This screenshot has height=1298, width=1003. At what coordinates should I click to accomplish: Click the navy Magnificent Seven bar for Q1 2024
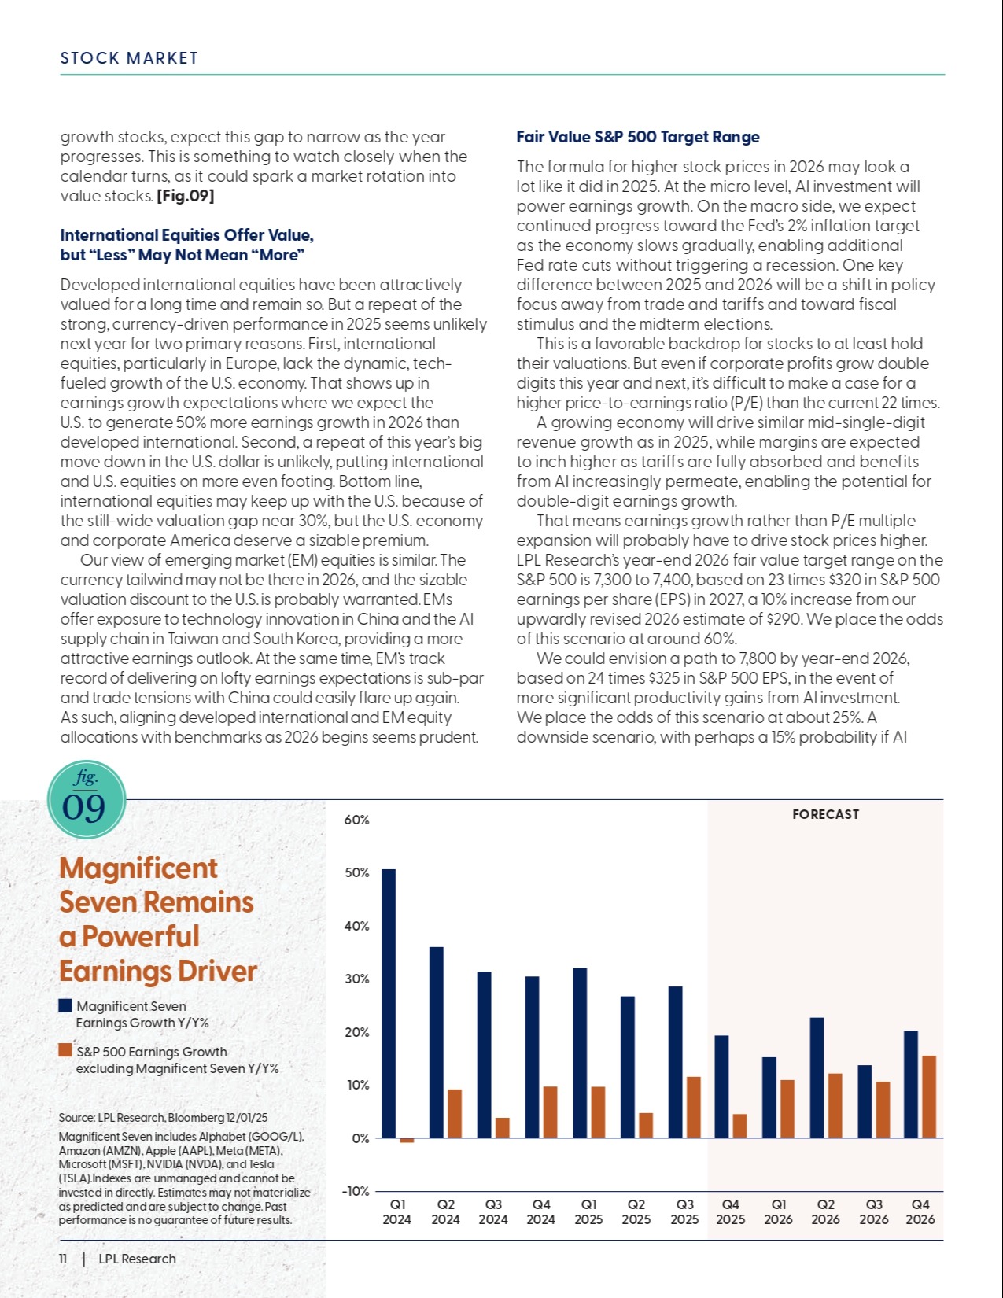pos(389,1003)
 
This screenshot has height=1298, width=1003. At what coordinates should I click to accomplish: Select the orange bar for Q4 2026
pos(929,1097)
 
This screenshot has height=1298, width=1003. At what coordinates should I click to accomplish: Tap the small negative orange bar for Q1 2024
pos(407,1140)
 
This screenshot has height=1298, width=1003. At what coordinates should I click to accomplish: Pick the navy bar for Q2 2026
pos(817,1078)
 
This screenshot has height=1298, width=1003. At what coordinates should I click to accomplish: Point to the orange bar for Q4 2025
pos(739,1126)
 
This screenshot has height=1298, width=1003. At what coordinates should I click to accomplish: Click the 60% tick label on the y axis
pos(356,820)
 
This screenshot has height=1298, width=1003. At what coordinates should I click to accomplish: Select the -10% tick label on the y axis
pos(355,1191)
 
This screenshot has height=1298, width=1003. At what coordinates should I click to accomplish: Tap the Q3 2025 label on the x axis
pos(684,1211)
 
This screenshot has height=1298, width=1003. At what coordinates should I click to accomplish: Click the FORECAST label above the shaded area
pos(825,814)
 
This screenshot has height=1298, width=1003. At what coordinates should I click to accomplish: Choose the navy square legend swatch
pos(65,1005)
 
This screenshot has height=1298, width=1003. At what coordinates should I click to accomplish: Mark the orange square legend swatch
pos(65,1050)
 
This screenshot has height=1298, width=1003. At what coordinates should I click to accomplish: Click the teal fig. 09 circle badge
pos(86,798)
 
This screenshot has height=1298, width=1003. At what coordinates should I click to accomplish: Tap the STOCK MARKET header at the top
pos(129,58)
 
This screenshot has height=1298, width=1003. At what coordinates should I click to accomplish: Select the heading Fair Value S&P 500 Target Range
pos(637,137)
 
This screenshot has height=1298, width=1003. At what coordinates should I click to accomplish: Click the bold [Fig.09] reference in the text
pos(186,196)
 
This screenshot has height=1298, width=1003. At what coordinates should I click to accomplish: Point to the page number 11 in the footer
pos(63,1259)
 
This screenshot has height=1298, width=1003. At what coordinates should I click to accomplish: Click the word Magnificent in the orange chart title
pos(138,868)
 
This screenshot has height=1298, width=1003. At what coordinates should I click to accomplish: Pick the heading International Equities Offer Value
pos(186,235)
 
